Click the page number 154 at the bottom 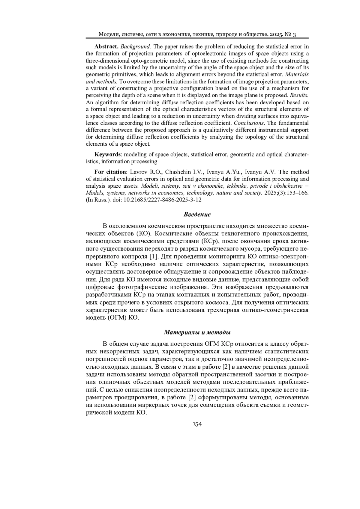[197, 424]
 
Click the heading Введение [197, 214]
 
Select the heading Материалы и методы [197, 332]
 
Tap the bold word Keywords [107, 155]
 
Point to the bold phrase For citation [110, 172]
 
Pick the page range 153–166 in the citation [297, 193]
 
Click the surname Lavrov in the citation [139, 172]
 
